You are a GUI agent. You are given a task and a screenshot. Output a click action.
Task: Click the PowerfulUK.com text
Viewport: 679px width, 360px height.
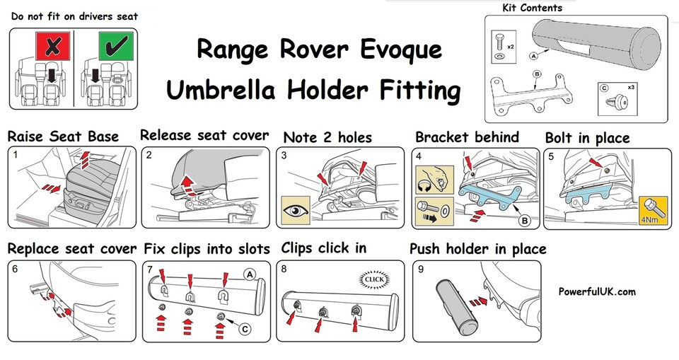(597, 291)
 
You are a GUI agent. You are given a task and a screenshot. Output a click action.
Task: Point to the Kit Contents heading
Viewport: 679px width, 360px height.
(532, 8)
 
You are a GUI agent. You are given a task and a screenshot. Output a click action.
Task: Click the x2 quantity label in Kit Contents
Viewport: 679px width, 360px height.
(510, 47)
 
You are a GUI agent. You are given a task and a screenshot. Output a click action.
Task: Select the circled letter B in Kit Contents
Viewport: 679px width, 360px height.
(536, 74)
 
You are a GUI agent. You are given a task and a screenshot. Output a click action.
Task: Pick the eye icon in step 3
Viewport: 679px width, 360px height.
(296, 211)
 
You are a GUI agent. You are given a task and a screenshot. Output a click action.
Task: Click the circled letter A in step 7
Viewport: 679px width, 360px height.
(249, 274)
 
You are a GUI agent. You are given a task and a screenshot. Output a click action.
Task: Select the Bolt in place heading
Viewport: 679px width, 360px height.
(586, 137)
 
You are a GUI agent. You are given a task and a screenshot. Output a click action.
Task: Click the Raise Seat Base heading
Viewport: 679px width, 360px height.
(63, 137)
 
